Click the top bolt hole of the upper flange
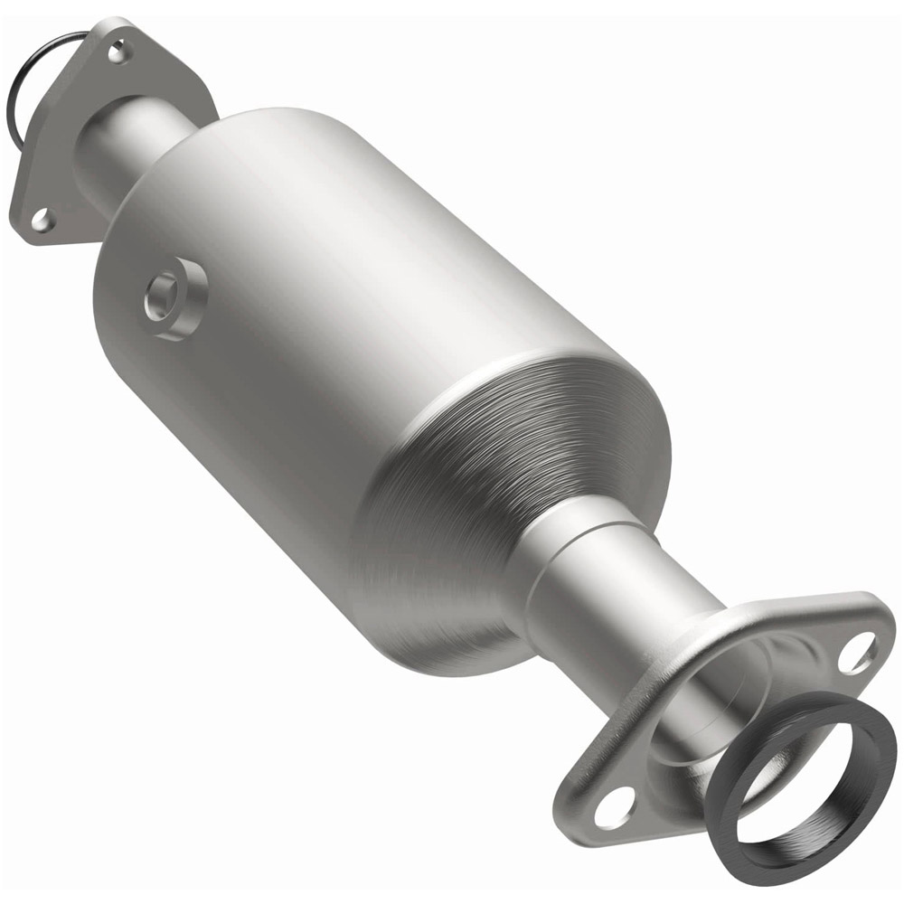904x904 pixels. (117, 52)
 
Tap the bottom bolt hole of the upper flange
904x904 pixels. (41, 217)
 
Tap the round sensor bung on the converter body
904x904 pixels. (174, 297)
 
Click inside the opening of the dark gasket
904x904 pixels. (796, 786)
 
